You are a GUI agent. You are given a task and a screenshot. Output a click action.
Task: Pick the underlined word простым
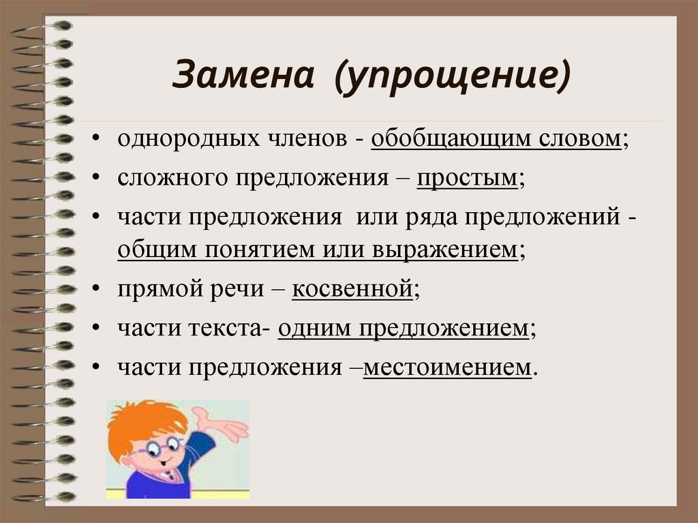[x=467, y=179]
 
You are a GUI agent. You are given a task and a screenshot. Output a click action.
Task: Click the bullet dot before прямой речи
[x=100, y=290]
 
